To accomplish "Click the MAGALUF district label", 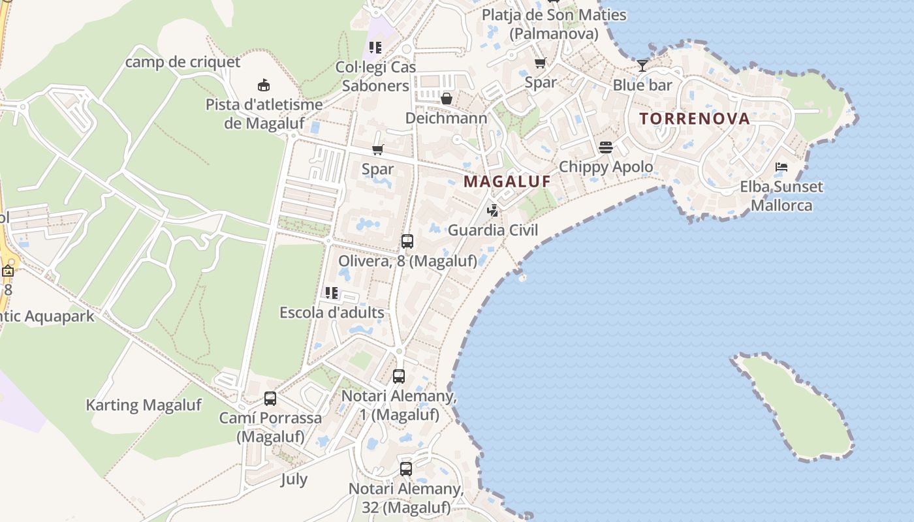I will [x=507, y=181].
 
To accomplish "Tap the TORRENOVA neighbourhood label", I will [x=694, y=119].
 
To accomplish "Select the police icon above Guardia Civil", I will [x=493, y=211].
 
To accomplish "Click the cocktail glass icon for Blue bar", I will [x=642, y=66].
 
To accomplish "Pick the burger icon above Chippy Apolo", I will [x=606, y=147].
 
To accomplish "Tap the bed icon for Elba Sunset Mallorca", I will [x=781, y=167].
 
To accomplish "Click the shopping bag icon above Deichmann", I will [x=447, y=99].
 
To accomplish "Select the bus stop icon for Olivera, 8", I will [x=407, y=241].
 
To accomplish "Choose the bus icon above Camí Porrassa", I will [x=270, y=398].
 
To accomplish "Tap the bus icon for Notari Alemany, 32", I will [x=406, y=468].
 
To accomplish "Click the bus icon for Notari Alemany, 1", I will [x=399, y=376].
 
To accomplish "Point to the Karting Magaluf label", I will [x=144, y=405].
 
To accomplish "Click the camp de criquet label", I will [x=183, y=62].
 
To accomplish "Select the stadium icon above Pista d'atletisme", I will [x=264, y=85].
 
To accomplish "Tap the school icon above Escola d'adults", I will [x=332, y=293].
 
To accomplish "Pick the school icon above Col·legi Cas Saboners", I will [x=375, y=47].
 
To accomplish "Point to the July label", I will [x=294, y=479].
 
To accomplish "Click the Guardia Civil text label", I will [x=493, y=230].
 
